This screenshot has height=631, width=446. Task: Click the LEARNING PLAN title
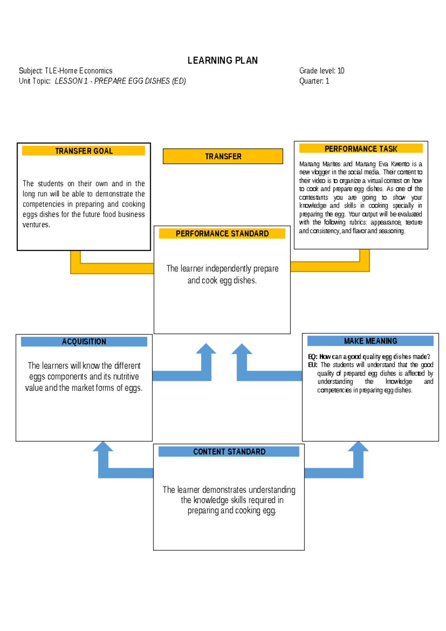222,60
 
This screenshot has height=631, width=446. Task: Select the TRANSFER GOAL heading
84,151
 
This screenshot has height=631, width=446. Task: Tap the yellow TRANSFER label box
223,156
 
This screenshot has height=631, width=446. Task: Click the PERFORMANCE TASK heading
361,149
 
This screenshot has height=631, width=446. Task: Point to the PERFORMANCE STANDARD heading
222,234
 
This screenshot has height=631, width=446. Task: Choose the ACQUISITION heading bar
84,342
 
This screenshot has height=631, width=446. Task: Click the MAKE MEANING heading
370,341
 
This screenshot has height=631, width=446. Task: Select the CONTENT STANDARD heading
229,452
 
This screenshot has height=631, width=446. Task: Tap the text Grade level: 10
321,71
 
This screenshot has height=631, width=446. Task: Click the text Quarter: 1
314,81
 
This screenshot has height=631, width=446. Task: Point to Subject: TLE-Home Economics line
65,71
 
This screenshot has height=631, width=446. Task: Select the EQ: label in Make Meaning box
313,357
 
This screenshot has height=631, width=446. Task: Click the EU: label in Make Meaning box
313,365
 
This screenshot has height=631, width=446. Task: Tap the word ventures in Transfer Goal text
36,225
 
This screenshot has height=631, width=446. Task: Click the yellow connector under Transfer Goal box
111,268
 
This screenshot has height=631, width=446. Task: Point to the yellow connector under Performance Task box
331,266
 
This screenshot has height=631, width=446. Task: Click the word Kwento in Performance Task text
400,164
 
